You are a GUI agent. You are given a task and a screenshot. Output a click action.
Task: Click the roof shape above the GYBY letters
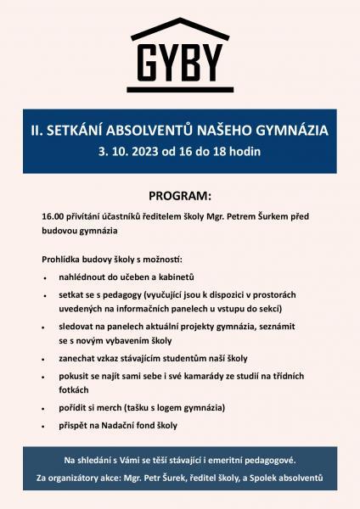[x=180, y=26]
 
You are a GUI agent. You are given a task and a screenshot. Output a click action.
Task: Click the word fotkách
[x=73, y=391]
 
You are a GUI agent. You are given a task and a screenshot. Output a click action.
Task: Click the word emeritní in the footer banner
[x=225, y=460]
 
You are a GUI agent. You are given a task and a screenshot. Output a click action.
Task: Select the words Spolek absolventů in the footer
[x=285, y=479]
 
